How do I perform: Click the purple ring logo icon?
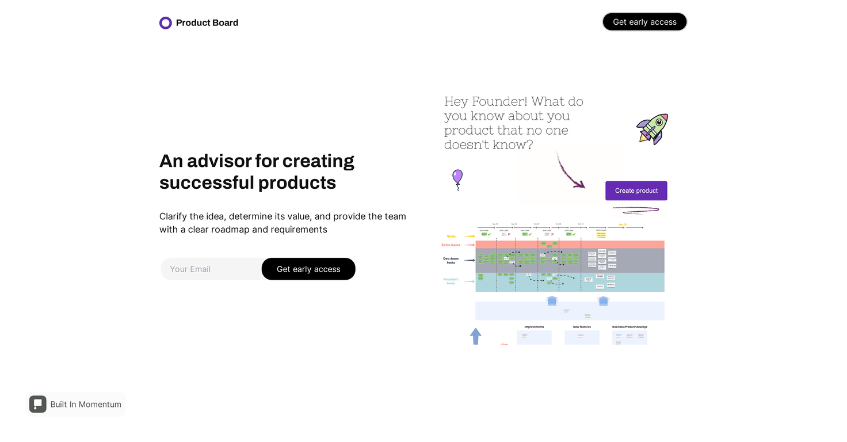tap(166, 23)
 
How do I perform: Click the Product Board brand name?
tap(207, 23)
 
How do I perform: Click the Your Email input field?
tap(211, 269)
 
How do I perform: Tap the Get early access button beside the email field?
tap(308, 269)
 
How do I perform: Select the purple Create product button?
tap(636, 190)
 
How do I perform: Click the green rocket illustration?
tap(653, 128)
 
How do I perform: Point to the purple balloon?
tap(457, 177)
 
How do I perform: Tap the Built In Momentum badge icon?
tap(38, 404)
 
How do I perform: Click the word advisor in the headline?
tap(219, 161)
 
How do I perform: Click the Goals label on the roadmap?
tap(451, 236)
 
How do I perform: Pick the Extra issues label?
tap(451, 245)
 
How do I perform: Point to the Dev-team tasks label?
tap(451, 260)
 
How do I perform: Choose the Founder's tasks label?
tap(451, 281)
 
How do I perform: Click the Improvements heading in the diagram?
tap(534, 327)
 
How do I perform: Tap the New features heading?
tap(582, 327)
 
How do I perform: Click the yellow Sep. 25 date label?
tap(623, 224)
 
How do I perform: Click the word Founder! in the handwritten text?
tap(499, 102)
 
